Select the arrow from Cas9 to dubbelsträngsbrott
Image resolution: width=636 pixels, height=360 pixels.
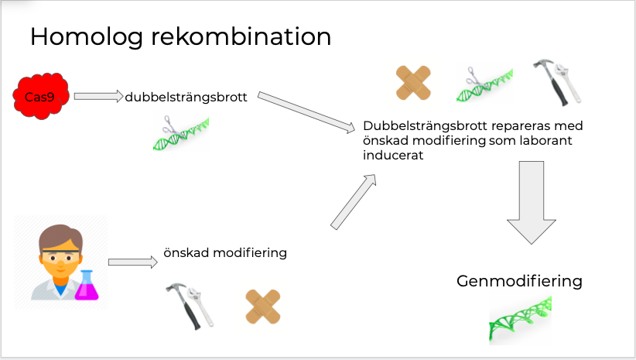pyautogui.click(x=98, y=97)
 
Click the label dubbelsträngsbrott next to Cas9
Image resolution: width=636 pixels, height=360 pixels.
pyautogui.click(x=186, y=98)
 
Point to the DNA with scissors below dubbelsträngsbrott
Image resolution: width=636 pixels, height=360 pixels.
pyautogui.click(x=181, y=132)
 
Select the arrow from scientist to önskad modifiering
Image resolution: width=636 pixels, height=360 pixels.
pyautogui.click(x=134, y=262)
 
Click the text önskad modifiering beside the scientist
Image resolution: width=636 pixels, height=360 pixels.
pyautogui.click(x=225, y=253)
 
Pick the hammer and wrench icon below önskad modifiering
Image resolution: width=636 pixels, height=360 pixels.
pyautogui.click(x=190, y=306)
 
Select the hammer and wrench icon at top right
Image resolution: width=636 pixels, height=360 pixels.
pyautogui.click(x=557, y=82)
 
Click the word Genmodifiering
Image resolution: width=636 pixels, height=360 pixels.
pyautogui.click(x=519, y=281)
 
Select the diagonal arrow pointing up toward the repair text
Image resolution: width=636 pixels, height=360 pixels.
pyautogui.click(x=354, y=201)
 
